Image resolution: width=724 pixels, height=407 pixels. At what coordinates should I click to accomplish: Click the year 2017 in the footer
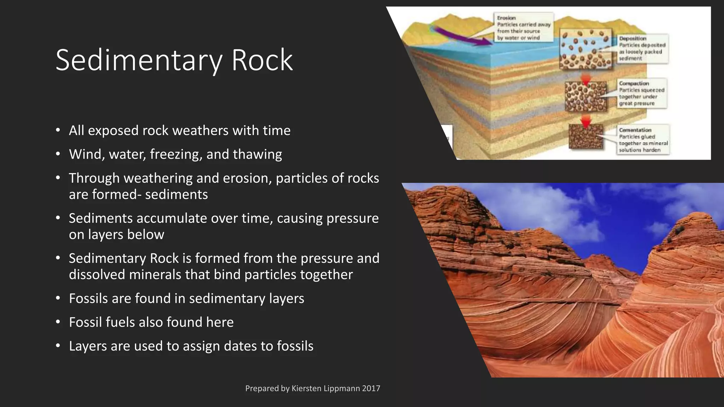tap(371, 388)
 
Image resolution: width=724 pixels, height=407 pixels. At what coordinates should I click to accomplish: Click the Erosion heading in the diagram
tap(506, 18)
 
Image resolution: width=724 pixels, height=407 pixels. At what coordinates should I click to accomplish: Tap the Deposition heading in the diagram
tap(632, 38)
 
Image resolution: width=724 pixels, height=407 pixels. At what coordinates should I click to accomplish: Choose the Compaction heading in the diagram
tap(634, 83)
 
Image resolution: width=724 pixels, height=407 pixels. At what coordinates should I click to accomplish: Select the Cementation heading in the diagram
tap(635, 130)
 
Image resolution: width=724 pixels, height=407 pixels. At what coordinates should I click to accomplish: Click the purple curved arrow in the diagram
tap(460, 35)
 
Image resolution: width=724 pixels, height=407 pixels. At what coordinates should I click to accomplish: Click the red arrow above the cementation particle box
tap(586, 122)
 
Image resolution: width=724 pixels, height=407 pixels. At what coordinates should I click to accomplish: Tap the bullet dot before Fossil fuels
tap(58, 322)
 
